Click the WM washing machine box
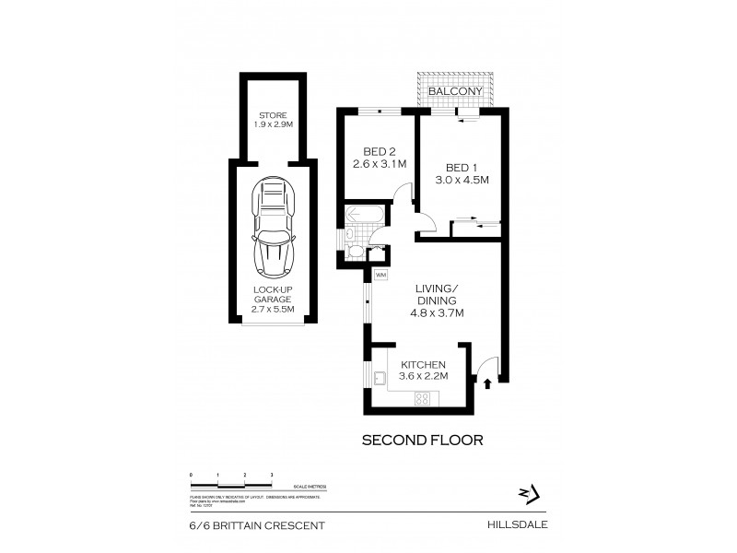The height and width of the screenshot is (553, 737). coord(379,274)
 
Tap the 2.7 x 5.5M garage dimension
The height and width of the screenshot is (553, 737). coord(273,309)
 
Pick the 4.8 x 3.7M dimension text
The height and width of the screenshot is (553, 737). coord(438,313)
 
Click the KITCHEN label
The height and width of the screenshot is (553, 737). coord(424,365)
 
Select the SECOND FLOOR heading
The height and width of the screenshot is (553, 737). coord(423,440)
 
